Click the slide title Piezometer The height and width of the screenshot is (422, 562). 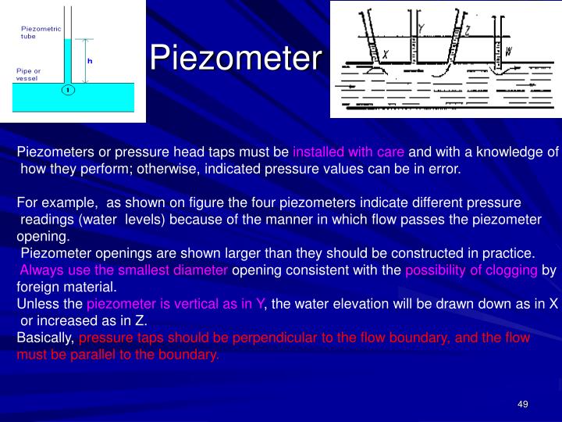(x=235, y=57)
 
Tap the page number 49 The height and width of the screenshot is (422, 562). (x=523, y=403)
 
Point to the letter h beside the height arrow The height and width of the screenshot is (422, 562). (x=90, y=61)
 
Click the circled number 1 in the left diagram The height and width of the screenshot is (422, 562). (x=68, y=90)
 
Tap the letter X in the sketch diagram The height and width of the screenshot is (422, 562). (x=386, y=54)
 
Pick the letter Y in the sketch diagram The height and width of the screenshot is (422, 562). (x=421, y=28)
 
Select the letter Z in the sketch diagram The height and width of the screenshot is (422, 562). (x=467, y=31)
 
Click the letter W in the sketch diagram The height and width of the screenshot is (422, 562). (x=508, y=52)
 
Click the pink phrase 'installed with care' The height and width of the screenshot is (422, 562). (x=349, y=152)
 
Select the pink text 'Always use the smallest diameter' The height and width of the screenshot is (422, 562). (x=124, y=270)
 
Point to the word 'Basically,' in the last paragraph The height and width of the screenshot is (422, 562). (x=45, y=338)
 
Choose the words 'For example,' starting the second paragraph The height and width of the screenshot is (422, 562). (x=53, y=202)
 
